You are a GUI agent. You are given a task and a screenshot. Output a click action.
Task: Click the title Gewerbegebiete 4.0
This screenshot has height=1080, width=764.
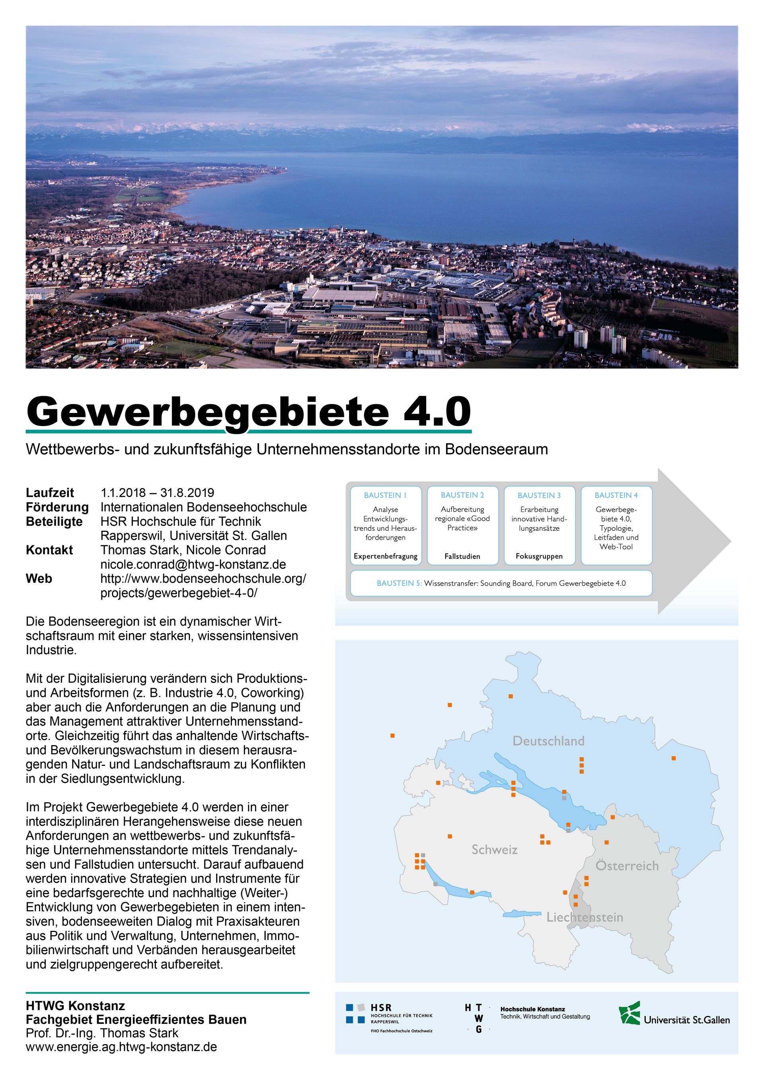(x=248, y=412)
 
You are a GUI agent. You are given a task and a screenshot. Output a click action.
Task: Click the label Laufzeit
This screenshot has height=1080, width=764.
(x=50, y=492)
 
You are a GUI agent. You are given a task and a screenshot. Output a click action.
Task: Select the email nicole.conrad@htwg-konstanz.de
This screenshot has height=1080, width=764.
(x=193, y=564)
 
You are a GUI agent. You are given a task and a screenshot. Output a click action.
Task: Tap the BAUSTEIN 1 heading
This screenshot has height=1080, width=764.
(x=385, y=495)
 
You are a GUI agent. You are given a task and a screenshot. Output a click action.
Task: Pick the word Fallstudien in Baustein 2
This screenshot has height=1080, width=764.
(x=462, y=556)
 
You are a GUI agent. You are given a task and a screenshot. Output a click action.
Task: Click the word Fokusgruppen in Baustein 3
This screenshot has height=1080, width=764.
(x=539, y=556)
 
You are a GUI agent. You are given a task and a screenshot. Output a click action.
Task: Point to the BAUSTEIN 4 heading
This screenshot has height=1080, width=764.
(x=616, y=495)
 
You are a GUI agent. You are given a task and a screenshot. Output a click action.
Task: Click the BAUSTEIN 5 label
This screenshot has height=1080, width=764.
(x=398, y=583)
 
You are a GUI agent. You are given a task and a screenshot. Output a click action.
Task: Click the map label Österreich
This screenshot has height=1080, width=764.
(x=627, y=866)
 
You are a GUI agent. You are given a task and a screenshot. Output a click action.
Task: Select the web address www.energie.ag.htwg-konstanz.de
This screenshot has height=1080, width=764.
(x=121, y=1047)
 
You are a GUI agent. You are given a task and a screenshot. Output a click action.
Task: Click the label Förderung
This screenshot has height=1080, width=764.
(x=57, y=507)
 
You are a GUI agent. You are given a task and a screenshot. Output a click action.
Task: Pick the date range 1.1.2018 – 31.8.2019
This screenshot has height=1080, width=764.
(x=157, y=492)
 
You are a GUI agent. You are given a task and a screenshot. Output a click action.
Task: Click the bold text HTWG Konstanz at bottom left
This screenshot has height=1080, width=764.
(x=75, y=1006)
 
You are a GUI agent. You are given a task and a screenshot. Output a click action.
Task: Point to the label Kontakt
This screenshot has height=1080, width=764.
(x=49, y=550)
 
